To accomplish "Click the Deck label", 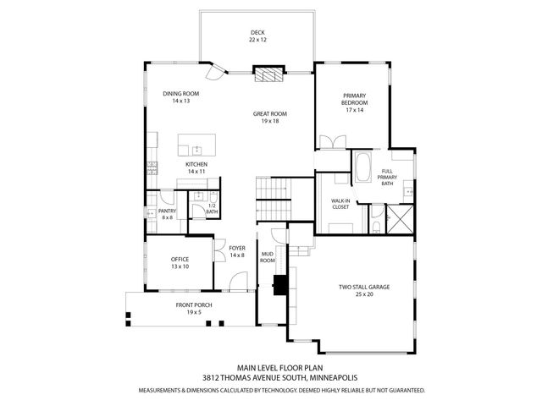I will coord(257,35).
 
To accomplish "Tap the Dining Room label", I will coord(180,97).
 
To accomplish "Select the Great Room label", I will coord(270,117).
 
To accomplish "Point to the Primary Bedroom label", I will coord(353,102).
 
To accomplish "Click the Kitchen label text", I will coord(196,167).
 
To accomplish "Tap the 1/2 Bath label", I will coord(212,209).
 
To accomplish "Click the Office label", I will coord(179,262).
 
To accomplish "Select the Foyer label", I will coord(237,251).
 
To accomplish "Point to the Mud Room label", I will coord(268,255).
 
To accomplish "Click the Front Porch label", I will coord(194,308).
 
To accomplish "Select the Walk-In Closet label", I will coord(340,203).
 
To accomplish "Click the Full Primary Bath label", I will coord(387,177).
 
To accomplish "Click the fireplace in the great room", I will coord(268,76).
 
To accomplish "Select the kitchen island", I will coord(196,144).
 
